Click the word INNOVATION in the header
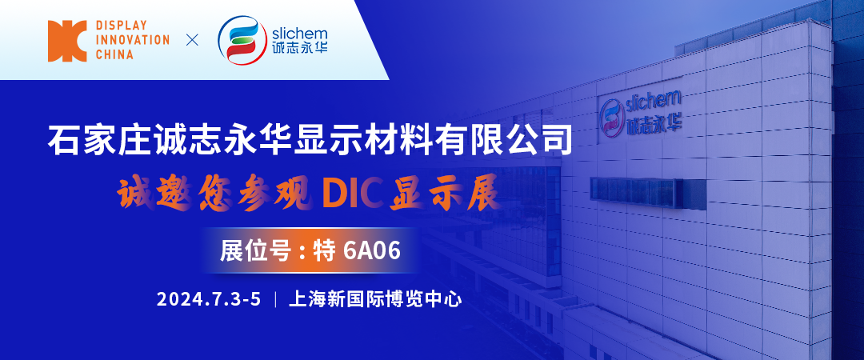(132, 41)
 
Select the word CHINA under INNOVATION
(114, 55)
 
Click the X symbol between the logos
(192, 40)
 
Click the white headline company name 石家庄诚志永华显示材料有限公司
(310, 139)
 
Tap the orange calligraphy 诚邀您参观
(212, 194)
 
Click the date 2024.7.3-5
(209, 300)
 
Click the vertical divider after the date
(275, 300)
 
